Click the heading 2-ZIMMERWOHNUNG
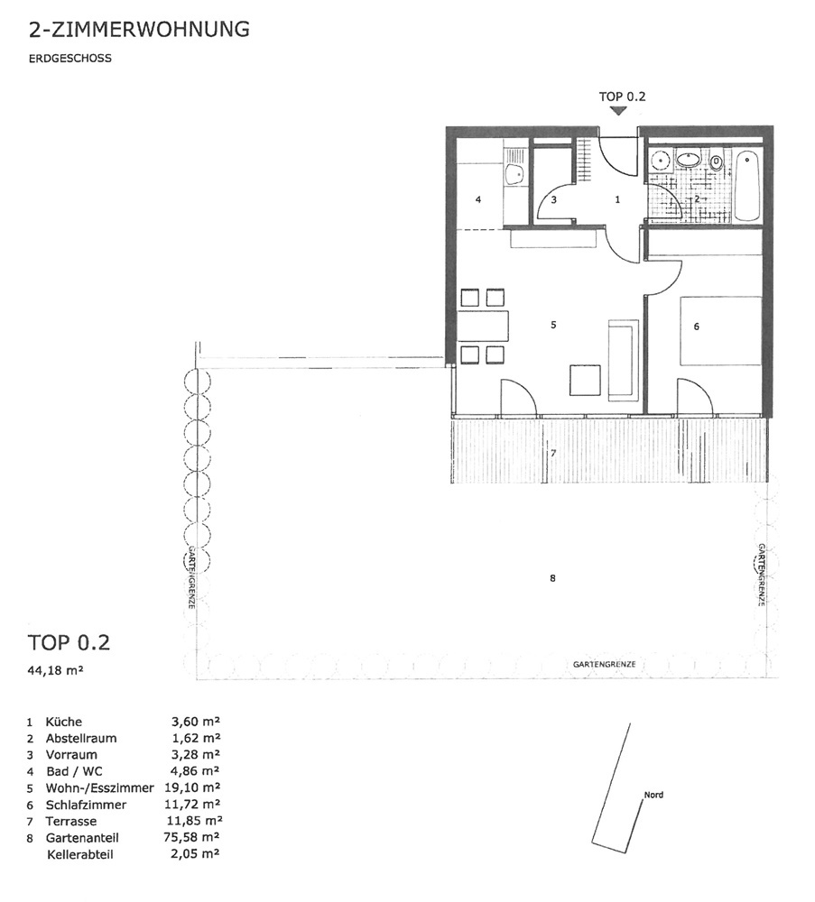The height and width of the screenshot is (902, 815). pyautogui.click(x=139, y=29)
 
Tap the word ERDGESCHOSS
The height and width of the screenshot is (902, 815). pyautogui.click(x=69, y=58)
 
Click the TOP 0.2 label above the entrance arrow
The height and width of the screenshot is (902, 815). pyautogui.click(x=622, y=97)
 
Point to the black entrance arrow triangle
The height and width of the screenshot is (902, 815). pyautogui.click(x=619, y=111)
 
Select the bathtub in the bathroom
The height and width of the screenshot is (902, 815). pyautogui.click(x=748, y=184)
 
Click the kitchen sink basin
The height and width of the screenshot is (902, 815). pyautogui.click(x=110, y=172)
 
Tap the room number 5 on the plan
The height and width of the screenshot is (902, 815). pyautogui.click(x=553, y=325)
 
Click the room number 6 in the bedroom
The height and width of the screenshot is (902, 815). pyautogui.click(x=697, y=327)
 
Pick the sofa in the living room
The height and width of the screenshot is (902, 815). pyautogui.click(x=624, y=360)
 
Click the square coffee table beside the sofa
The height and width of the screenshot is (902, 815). pyautogui.click(x=586, y=381)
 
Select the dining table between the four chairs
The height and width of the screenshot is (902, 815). pyautogui.click(x=484, y=327)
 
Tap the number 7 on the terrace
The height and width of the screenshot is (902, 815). pyautogui.click(x=553, y=454)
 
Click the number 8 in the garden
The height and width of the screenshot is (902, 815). pyautogui.click(x=552, y=578)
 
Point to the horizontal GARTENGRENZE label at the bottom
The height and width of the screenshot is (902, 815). pyautogui.click(x=605, y=665)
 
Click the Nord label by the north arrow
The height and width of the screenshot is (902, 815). pyautogui.click(x=653, y=795)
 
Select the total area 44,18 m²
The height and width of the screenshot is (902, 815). pyautogui.click(x=56, y=669)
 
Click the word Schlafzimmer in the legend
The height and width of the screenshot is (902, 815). pyautogui.click(x=87, y=805)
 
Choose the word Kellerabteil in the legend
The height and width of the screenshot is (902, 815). pyautogui.click(x=80, y=854)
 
